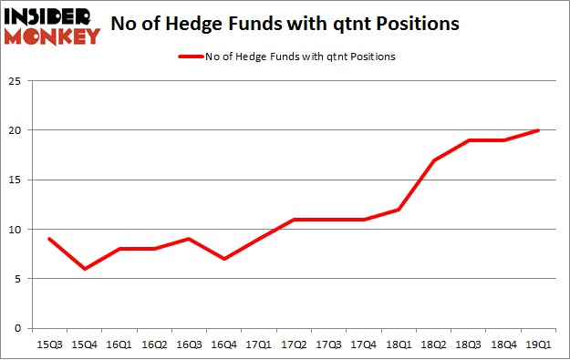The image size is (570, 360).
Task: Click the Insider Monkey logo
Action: click(51, 25)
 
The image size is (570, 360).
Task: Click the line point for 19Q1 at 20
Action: click(538, 130)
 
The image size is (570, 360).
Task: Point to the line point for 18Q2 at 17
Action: click(434, 160)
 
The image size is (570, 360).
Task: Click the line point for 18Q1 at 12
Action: click(399, 210)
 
